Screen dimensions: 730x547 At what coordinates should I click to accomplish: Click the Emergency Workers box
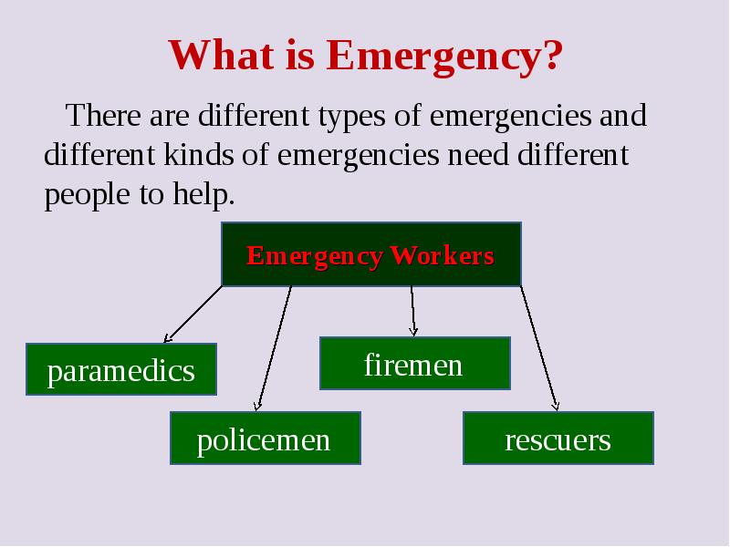tap(370, 254)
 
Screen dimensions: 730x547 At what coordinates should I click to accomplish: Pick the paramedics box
tap(120, 370)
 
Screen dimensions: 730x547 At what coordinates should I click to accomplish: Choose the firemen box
tap(413, 364)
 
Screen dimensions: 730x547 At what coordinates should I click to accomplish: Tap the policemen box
tap(264, 439)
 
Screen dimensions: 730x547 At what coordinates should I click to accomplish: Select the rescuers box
tap(558, 439)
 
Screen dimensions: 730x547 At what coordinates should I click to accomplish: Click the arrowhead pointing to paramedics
tap(167, 336)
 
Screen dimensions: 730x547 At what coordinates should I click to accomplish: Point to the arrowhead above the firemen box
tap(414, 330)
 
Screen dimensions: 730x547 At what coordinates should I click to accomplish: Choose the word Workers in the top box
tap(442, 255)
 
